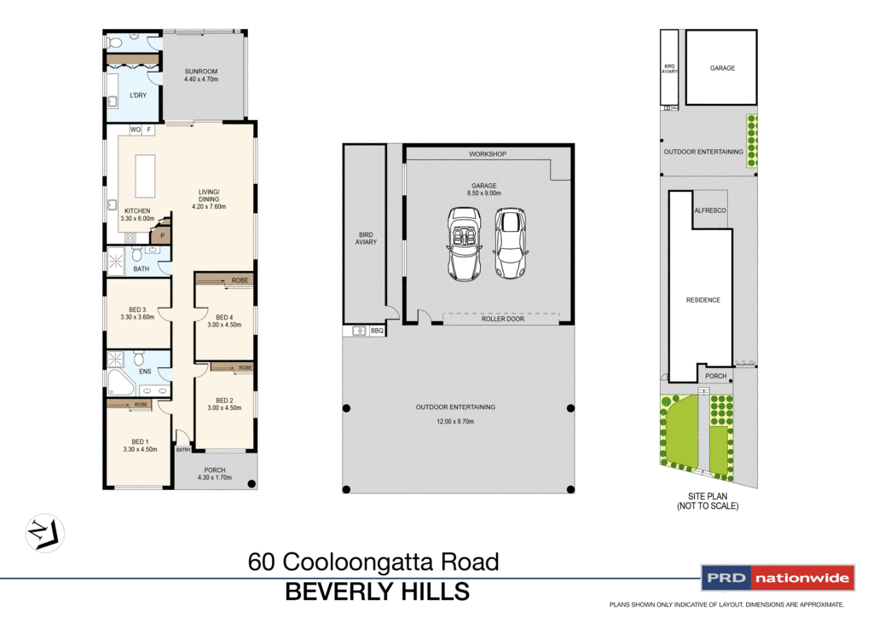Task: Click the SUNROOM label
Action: [202, 72]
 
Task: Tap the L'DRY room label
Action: [137, 95]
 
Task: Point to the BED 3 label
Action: [137, 309]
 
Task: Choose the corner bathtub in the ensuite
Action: [119, 383]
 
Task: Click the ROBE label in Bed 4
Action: [239, 280]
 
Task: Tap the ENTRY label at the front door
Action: [183, 449]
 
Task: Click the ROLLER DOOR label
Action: [502, 319]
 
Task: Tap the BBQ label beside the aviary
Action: [378, 330]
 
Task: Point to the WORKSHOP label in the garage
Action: [488, 154]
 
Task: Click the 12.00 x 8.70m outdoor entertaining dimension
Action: [455, 421]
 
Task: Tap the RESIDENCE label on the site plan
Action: [703, 300]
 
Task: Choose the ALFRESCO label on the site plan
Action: [709, 210]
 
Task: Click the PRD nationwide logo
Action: [777, 579]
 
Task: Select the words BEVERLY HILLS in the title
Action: [376, 591]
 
